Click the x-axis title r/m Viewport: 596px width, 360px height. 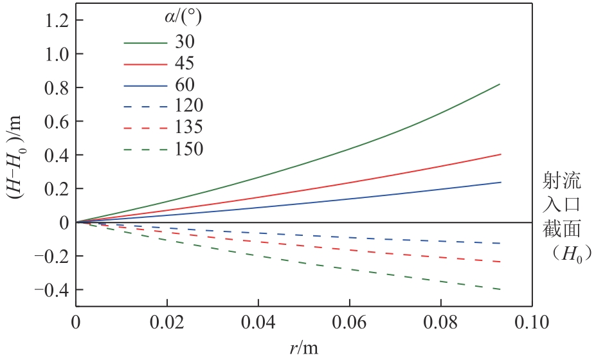pos(303,347)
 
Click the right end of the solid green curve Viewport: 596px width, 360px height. pos(500,84)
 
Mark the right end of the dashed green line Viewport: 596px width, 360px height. pos(500,289)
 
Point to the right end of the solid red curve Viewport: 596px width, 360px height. pos(500,154)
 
